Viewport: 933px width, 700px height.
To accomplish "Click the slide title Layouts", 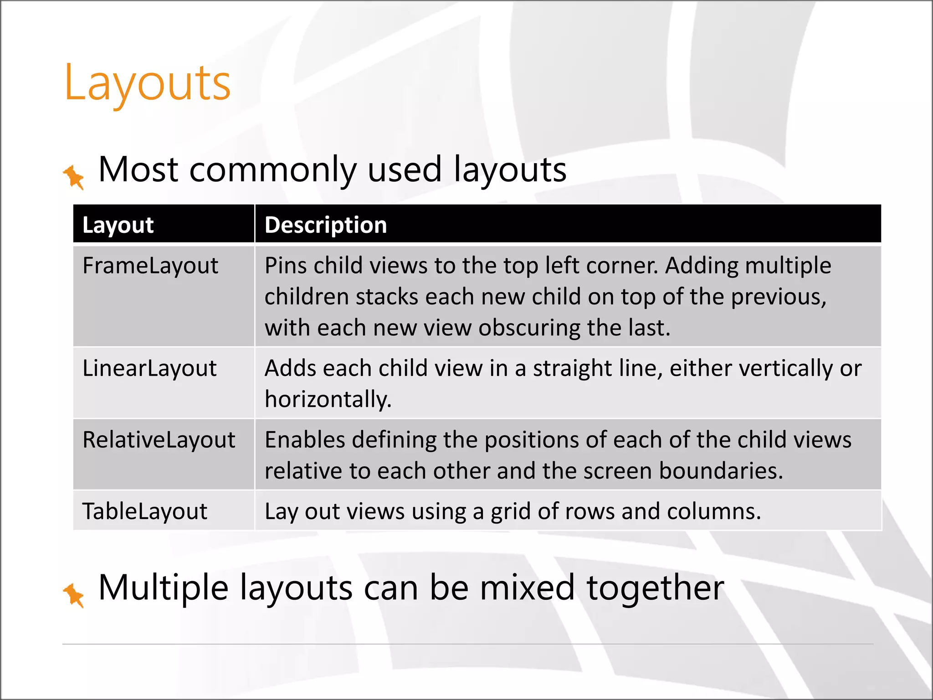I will (148, 83).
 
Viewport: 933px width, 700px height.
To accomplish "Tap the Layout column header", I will (118, 225).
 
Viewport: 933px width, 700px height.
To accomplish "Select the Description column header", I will (326, 225).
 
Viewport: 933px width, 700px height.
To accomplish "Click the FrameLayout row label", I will (150, 266).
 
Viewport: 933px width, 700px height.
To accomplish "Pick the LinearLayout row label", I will (149, 368).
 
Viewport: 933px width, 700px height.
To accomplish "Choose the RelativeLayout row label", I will (159, 440).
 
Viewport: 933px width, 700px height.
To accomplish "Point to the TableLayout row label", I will (145, 511).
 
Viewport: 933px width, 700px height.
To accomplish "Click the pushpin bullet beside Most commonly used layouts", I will (74, 177).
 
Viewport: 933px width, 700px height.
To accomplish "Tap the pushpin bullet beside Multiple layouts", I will (74, 595).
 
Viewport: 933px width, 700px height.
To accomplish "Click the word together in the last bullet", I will (655, 588).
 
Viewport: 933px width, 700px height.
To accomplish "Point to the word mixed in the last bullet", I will (527, 588).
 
